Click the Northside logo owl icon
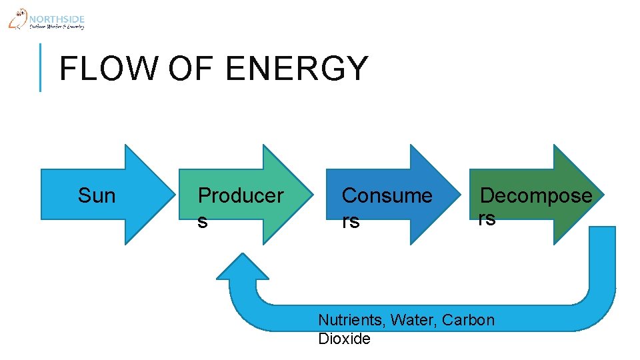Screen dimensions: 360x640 [x=18, y=19]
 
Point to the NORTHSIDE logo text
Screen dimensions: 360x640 [x=57, y=19]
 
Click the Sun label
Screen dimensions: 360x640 [x=97, y=195]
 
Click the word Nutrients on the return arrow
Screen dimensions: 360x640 [x=352, y=320]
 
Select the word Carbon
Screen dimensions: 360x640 [x=469, y=320]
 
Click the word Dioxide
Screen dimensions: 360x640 [x=344, y=339]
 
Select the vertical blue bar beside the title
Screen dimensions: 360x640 [x=40, y=67]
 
